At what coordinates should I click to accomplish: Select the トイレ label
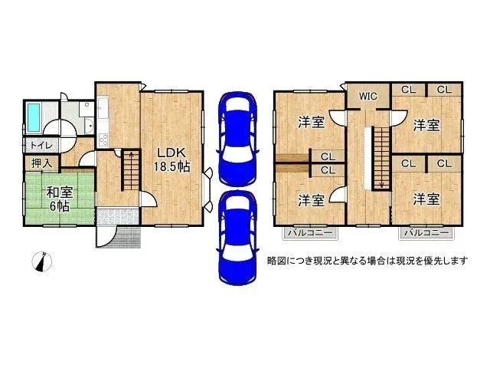click(38, 144)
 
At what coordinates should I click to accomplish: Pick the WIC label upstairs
click(367, 97)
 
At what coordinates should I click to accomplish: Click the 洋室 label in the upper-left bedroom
click(310, 123)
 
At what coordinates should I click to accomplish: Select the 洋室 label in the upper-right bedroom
click(427, 124)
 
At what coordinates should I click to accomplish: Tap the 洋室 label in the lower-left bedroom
click(310, 199)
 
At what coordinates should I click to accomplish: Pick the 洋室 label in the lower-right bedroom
click(426, 199)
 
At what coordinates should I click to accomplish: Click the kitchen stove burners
click(102, 140)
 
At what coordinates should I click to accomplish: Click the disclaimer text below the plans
click(367, 261)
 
